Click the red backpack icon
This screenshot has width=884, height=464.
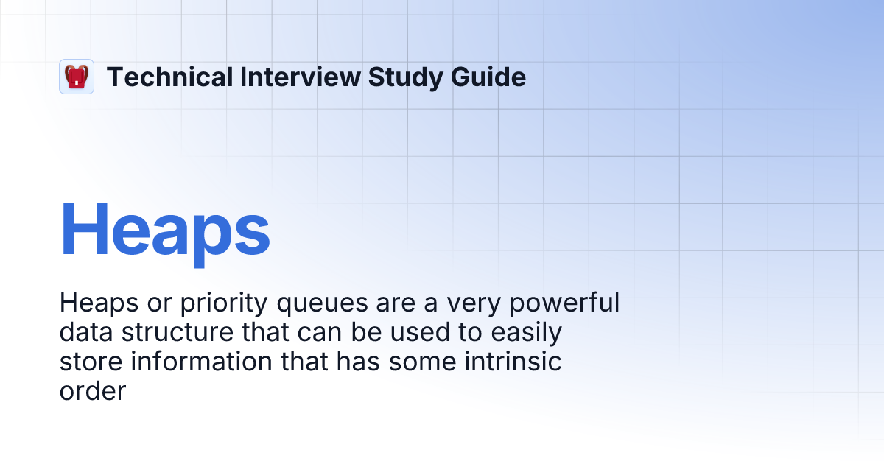[77, 77]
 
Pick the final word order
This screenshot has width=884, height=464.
[93, 391]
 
